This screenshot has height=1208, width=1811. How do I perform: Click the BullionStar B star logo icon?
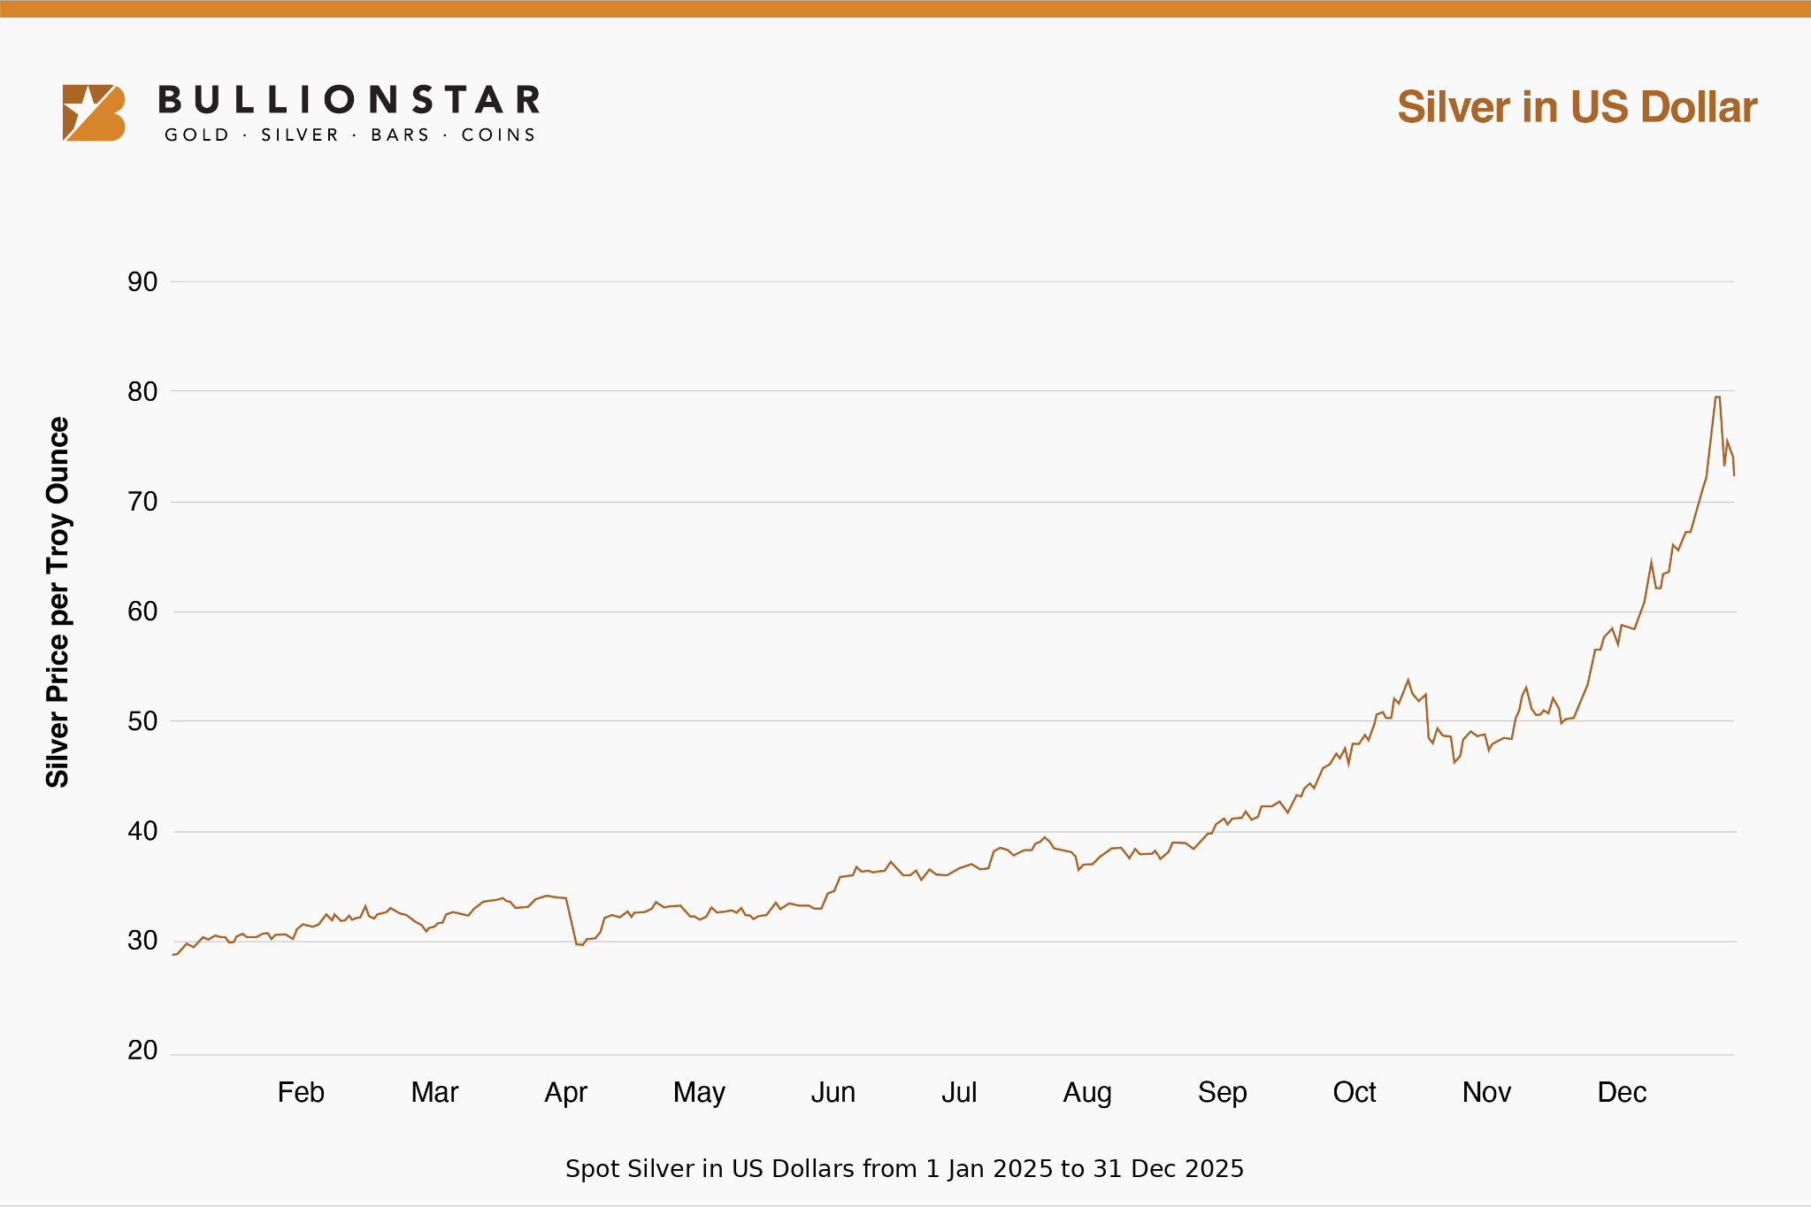(x=93, y=112)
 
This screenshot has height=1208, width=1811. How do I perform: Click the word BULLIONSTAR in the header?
(x=349, y=100)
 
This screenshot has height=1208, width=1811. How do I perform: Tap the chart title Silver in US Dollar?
(x=1577, y=107)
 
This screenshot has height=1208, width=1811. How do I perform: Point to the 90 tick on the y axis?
(x=142, y=282)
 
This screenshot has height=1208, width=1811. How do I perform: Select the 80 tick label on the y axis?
(x=142, y=392)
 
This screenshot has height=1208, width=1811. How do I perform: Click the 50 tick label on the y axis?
(x=142, y=721)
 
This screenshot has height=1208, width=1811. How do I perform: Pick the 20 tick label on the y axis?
(x=142, y=1050)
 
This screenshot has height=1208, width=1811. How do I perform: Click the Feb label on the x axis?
(x=301, y=1092)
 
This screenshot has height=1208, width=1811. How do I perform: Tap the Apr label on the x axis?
(x=566, y=1092)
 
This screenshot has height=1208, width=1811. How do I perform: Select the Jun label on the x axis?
(x=833, y=1092)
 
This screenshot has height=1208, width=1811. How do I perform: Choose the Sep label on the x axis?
(x=1222, y=1092)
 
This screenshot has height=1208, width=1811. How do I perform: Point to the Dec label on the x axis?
(x=1622, y=1092)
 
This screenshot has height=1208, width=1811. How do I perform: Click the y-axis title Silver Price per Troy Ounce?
(x=58, y=602)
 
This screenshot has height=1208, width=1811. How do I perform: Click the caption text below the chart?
(x=904, y=1169)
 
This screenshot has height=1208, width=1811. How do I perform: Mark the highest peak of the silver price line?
(x=1717, y=397)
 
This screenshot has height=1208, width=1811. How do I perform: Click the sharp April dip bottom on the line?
(x=580, y=944)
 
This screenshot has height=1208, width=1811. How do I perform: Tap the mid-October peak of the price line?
(x=1408, y=681)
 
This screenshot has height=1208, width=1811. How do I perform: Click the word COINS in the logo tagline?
(x=498, y=135)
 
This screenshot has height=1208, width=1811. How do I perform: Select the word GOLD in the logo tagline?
(x=197, y=135)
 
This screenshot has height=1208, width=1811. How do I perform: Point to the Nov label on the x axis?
(x=1486, y=1092)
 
